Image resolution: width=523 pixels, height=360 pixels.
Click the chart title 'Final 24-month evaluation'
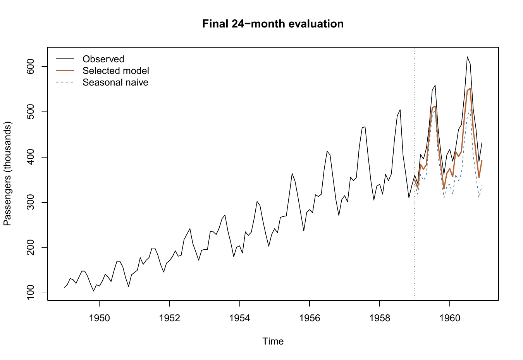click(273, 24)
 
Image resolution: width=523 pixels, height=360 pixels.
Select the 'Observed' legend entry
click(103, 59)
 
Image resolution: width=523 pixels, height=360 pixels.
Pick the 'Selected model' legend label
click(116, 71)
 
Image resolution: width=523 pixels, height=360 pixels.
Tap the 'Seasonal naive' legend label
click(115, 82)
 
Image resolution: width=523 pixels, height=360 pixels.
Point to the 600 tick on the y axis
click(31, 67)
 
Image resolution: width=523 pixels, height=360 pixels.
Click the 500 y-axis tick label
click(31, 112)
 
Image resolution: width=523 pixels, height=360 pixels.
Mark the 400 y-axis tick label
click(31, 157)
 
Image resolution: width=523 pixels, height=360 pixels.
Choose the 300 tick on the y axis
click(31, 202)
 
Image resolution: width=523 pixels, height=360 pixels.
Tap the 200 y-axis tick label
click(31, 247)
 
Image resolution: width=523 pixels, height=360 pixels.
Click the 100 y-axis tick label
click(31, 293)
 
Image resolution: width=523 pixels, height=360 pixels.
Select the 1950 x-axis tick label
click(100, 318)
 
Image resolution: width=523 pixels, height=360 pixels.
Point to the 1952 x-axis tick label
click(170, 318)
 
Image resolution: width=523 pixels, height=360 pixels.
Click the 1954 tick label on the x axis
click(239, 318)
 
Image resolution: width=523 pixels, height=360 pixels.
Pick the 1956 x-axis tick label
click(310, 318)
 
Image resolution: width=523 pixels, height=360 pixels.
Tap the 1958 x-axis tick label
click(380, 318)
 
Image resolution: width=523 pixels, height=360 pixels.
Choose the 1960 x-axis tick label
click(450, 318)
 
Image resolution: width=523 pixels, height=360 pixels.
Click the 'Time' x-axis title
click(273, 341)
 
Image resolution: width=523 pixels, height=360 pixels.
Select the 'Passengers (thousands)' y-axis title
click(7, 173)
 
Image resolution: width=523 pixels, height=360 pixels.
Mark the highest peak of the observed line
click(467, 57)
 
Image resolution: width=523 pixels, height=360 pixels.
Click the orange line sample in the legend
click(65, 70)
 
